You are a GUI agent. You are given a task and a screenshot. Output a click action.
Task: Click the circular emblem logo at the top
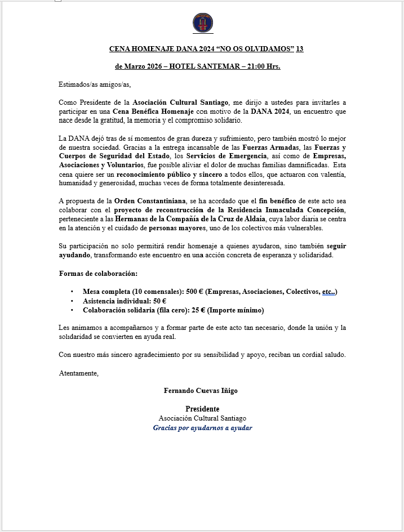[202, 23]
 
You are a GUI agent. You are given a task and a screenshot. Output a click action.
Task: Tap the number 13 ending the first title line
[300, 49]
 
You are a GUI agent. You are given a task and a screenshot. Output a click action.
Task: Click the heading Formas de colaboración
[98, 274]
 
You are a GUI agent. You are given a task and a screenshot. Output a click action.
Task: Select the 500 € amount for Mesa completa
[194, 292]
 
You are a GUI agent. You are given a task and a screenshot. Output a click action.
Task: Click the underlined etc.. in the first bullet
[328, 292]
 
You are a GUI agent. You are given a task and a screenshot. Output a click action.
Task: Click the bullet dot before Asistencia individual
[72, 301]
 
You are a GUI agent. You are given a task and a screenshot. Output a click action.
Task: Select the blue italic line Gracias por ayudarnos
[202, 428]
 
